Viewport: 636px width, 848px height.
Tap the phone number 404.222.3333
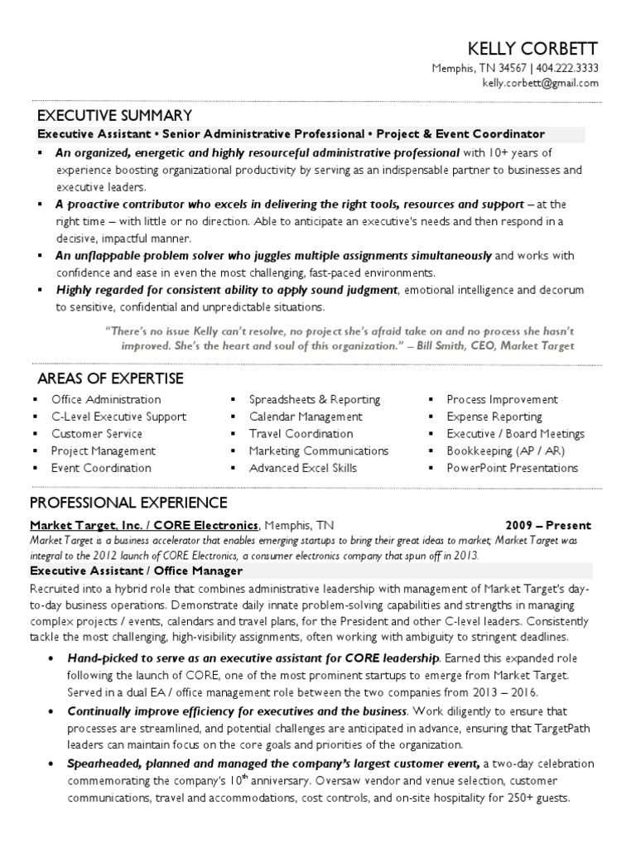coord(567,69)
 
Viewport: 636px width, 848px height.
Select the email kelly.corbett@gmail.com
coord(540,84)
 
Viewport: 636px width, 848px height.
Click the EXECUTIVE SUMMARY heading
coord(115,115)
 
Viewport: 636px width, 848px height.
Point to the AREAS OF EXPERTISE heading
coord(110,379)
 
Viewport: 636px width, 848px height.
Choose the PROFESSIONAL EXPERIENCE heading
coord(128,503)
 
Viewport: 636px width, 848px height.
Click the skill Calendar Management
coord(306,417)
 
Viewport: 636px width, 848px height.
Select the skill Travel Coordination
coord(301,434)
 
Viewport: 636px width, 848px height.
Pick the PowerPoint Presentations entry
coord(512,468)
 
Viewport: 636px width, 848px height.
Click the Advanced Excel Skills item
coord(303,468)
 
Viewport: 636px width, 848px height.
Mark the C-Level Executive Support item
coord(118,417)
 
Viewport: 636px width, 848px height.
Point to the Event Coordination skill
coord(101,468)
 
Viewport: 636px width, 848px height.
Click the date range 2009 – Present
coord(548,525)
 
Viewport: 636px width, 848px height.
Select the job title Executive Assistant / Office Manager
coord(137,571)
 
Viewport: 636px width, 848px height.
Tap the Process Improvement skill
coord(502,399)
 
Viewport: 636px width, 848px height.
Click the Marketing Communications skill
coord(319,450)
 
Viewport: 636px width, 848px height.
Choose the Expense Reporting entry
coord(494,417)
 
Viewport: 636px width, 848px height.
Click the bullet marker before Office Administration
coord(35,399)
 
